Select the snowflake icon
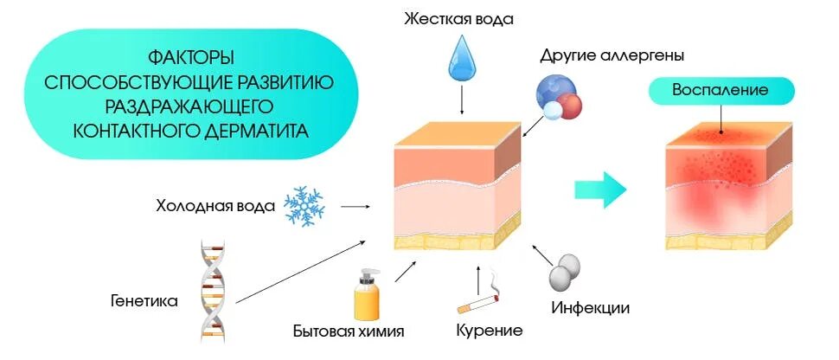click(x=304, y=206)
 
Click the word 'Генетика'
click(x=144, y=301)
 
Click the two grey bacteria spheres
click(x=564, y=273)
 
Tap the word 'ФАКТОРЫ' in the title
click(x=191, y=58)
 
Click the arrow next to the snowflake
click(x=355, y=207)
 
